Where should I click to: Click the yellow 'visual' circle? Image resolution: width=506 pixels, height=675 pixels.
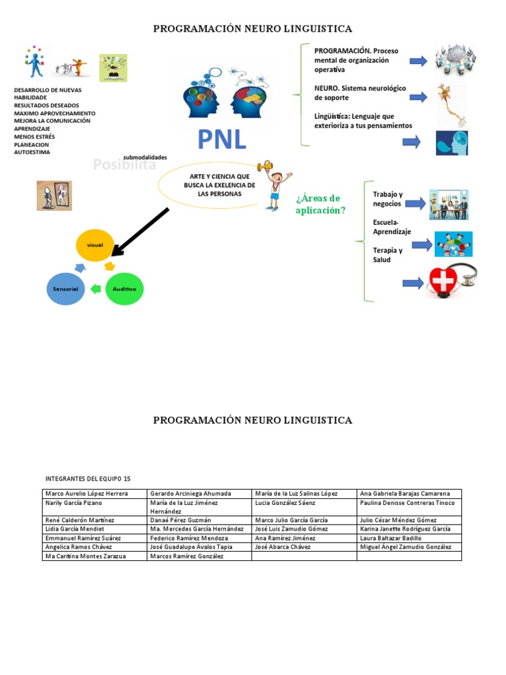(95, 245)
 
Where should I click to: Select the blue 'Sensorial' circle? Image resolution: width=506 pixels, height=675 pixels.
(66, 289)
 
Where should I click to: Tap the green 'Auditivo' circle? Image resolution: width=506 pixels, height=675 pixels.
(125, 289)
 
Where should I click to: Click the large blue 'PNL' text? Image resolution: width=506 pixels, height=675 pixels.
(221, 139)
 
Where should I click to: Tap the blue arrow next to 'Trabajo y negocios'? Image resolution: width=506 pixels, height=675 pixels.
(415, 204)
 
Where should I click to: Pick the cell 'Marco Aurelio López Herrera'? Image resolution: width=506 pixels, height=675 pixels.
(96, 494)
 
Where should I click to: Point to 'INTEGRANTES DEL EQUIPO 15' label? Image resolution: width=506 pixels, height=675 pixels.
(88, 478)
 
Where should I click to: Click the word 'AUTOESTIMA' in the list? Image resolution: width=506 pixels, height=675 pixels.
(32, 152)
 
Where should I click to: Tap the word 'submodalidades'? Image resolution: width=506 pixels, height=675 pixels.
(145, 158)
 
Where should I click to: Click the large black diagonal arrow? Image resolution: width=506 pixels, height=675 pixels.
(140, 231)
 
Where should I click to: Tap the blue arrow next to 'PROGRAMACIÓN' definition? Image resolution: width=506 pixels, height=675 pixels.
(418, 61)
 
